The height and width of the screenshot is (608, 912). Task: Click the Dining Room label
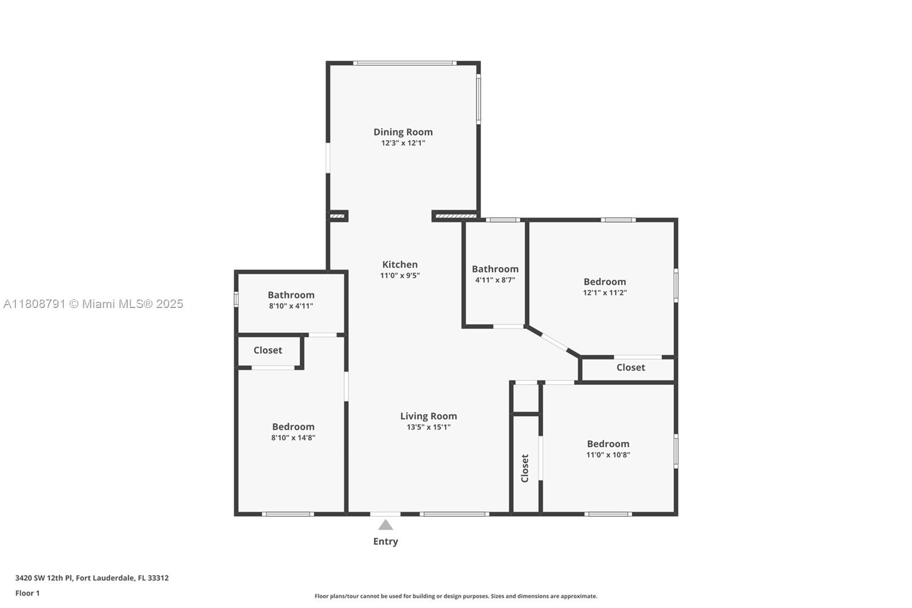pos(403,132)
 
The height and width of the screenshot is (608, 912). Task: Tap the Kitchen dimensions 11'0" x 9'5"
pos(400,275)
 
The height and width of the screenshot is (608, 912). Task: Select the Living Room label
pos(428,416)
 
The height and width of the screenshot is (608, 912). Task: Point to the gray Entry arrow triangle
pos(385,525)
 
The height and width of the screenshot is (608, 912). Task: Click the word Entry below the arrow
pos(385,542)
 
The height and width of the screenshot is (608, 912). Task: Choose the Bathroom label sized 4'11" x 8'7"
pos(495,269)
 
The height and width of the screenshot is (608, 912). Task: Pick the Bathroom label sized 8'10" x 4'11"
pos(291,295)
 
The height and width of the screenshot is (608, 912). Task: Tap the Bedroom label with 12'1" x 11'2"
pos(605,282)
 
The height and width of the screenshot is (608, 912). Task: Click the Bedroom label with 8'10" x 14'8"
pos(293,427)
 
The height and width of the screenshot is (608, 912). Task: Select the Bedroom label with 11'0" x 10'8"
pos(608,444)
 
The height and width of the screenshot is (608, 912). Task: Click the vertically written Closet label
pos(525,468)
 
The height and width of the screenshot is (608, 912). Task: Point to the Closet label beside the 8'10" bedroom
pos(267,350)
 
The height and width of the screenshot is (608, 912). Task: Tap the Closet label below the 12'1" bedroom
pos(630,367)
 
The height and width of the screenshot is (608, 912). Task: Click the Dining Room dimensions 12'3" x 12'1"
pos(403,143)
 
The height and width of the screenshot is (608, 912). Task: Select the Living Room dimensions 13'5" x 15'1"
pos(428,427)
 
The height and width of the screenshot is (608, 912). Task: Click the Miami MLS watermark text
pos(93,304)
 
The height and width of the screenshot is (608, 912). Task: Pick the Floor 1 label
pos(27,593)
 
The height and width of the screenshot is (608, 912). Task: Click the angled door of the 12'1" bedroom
pos(554,342)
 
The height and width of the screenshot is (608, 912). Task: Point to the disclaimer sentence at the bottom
pos(456,596)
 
